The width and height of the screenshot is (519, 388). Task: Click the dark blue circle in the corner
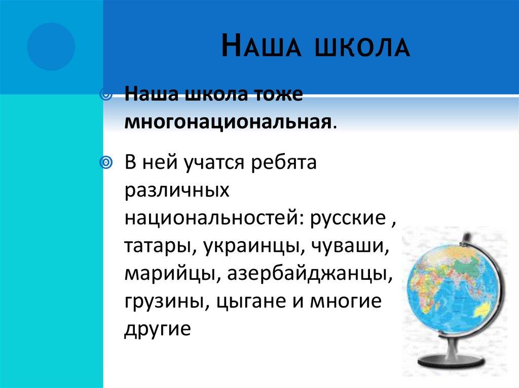pyautogui.click(x=51, y=47)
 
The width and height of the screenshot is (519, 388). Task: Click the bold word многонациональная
pyautogui.click(x=229, y=122)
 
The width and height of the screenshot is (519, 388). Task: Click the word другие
pyautogui.click(x=157, y=329)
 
